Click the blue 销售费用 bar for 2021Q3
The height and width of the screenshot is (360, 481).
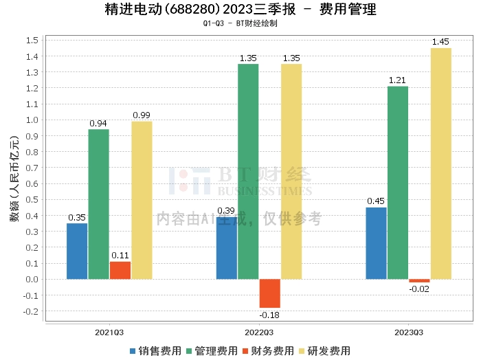pos(77,251)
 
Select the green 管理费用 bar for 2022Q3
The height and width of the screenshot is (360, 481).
pos(248,171)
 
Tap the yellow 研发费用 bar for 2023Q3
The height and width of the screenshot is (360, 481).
pos(440,164)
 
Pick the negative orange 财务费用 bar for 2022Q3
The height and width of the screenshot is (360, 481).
pos(269,293)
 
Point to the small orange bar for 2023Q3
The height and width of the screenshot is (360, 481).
pos(419,281)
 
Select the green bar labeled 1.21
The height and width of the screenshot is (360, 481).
pos(397,183)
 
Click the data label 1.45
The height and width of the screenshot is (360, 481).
pos(440,42)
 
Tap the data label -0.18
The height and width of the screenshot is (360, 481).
pos(269,315)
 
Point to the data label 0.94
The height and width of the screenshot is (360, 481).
pos(98,124)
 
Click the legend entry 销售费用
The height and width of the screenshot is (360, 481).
pos(155,350)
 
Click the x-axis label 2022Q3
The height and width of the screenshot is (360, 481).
pos(258,332)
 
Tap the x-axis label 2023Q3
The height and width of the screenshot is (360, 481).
pos(408,332)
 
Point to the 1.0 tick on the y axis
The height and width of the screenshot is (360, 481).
pos(31,120)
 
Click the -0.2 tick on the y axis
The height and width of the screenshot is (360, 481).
pos(30,311)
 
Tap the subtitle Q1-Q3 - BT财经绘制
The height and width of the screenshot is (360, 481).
pos(240,23)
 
